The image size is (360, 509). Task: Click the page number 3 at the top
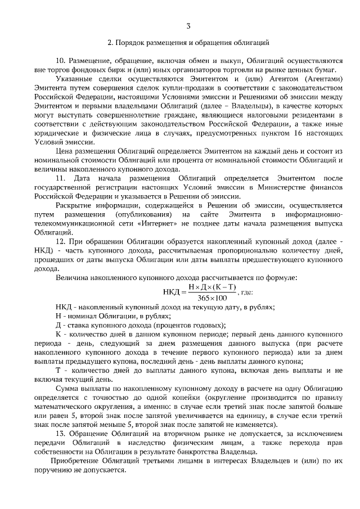click(188, 25)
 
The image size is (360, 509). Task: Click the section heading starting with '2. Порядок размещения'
click(188, 42)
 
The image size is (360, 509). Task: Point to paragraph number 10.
click(61, 60)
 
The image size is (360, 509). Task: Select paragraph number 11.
click(61, 178)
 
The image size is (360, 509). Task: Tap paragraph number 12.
click(61, 241)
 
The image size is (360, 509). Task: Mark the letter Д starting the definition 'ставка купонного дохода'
click(58, 325)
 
